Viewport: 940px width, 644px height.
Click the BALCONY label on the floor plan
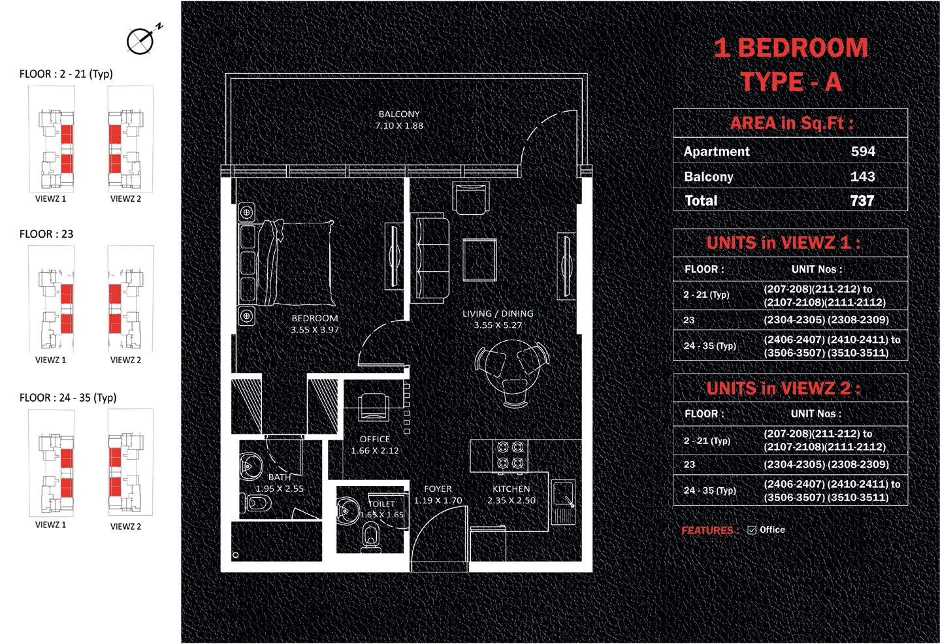pyautogui.click(x=398, y=114)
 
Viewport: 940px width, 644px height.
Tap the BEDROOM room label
pyautogui.click(x=314, y=318)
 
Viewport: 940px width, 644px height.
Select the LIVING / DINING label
pyautogui.click(x=498, y=314)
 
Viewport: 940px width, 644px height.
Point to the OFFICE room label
pyautogui.click(x=374, y=439)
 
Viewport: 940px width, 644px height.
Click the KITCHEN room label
pyautogui.click(x=511, y=489)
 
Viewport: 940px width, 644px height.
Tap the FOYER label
pyautogui.click(x=438, y=489)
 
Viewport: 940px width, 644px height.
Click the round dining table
pyautogui.click(x=512, y=366)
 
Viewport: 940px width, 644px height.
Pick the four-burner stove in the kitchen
pyautogui.click(x=510, y=455)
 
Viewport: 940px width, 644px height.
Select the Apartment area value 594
pyautogui.click(x=862, y=152)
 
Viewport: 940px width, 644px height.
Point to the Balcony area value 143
pyautogui.click(x=862, y=176)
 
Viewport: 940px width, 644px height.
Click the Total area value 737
pyautogui.click(x=862, y=201)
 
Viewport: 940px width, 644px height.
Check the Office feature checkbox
pyautogui.click(x=751, y=530)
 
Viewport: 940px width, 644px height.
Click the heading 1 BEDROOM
pyautogui.click(x=790, y=48)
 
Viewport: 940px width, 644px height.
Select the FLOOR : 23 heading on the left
pyautogui.click(x=46, y=234)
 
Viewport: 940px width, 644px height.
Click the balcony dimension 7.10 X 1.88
pyautogui.click(x=398, y=125)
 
